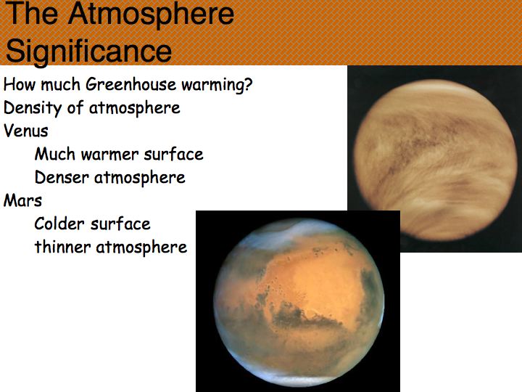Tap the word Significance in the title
[88, 51]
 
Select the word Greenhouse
[130, 84]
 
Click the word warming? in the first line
[217, 85]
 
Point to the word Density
[33, 108]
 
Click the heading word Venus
[26, 131]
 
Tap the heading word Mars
[22, 200]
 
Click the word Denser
[62, 177]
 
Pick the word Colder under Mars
[59, 224]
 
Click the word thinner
[62, 247]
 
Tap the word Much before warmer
[55, 154]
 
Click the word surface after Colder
[120, 224]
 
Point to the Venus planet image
[436, 159]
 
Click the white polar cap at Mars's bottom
[299, 376]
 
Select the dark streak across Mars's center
[304, 317]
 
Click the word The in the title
[33, 13]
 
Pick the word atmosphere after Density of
[135, 108]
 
